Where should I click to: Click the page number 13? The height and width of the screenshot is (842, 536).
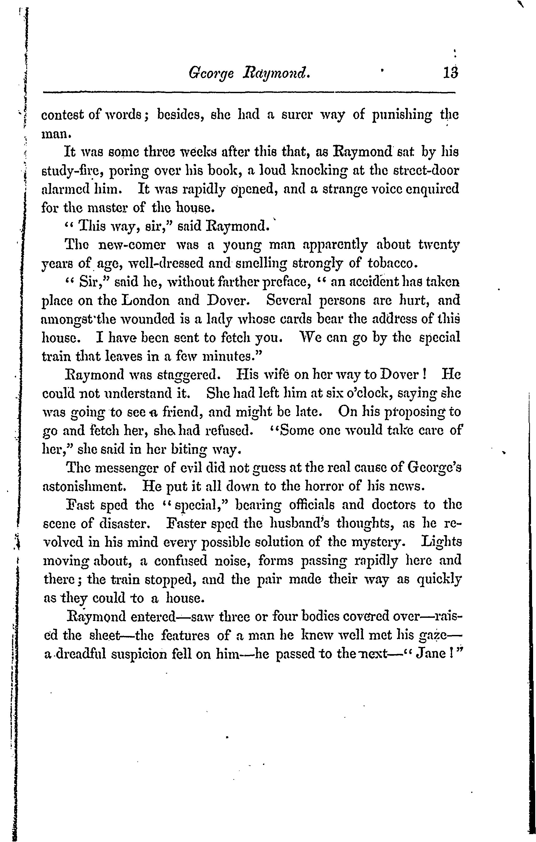pos(451,73)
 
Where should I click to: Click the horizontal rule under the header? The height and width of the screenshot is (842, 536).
pos(249,92)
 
